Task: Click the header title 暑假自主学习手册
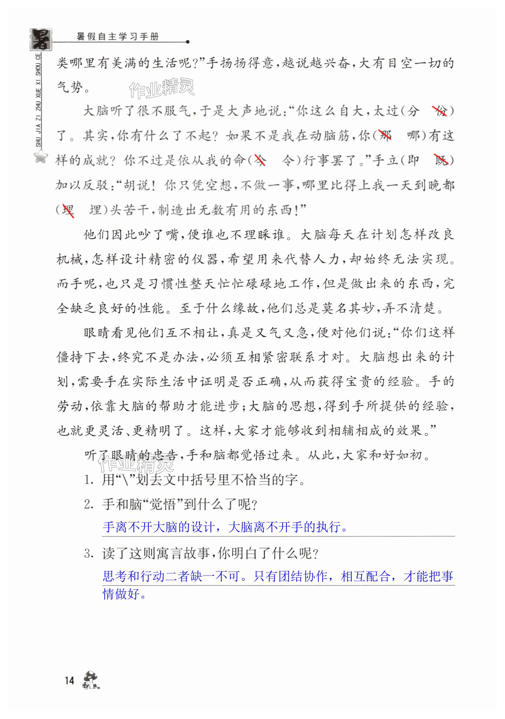pos(118,37)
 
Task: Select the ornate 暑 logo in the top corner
pos(41,39)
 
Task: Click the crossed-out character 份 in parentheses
pos(440,111)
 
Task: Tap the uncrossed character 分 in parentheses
pos(413,111)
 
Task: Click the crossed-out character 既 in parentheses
pos(441,160)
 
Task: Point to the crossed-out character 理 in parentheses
pos(68,210)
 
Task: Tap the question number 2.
pos(88,505)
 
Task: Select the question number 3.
pos(88,554)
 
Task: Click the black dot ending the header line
pos(188,42)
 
